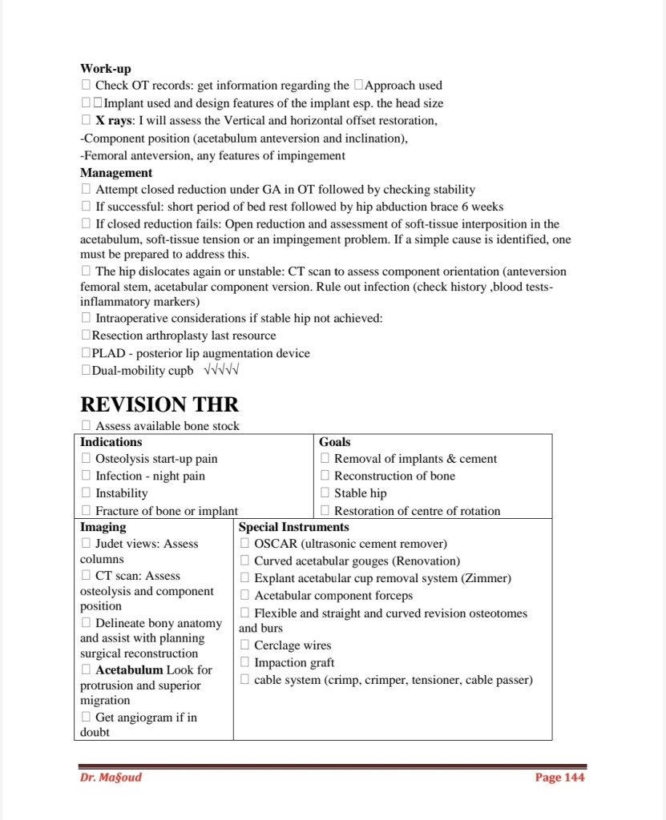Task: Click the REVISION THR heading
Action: (159, 404)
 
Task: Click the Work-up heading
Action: (106, 69)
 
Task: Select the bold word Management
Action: (116, 172)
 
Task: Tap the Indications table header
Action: (111, 442)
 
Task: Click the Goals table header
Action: (334, 442)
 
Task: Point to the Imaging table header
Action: (103, 527)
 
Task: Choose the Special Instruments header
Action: (293, 527)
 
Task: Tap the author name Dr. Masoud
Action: (111, 777)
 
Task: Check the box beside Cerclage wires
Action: (245, 645)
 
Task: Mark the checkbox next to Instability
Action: (86, 493)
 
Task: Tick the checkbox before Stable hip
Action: (325, 493)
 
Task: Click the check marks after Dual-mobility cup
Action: (223, 371)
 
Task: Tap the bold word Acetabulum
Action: (129, 669)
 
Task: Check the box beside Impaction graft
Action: (245, 663)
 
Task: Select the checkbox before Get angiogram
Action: (86, 717)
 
